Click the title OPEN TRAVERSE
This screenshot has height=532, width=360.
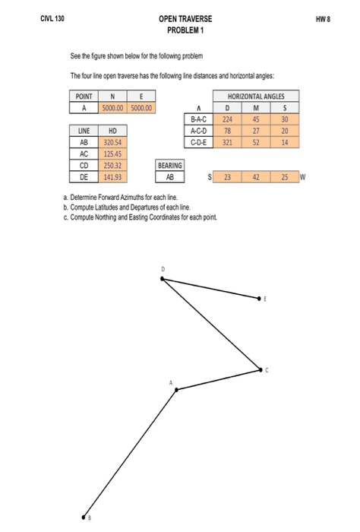click(x=185, y=17)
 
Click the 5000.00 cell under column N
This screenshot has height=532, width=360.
click(x=112, y=107)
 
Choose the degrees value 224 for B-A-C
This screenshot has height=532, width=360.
click(x=226, y=119)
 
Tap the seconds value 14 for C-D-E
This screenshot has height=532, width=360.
click(x=284, y=141)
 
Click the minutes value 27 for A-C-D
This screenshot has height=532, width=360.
click(x=255, y=130)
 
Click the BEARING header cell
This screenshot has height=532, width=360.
click(x=170, y=163)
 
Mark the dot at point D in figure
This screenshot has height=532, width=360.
click(x=162, y=279)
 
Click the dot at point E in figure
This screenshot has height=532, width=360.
click(x=260, y=299)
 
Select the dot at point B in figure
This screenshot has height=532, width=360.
click(x=85, y=513)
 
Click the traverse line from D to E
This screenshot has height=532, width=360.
click(x=211, y=290)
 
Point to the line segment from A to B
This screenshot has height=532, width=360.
click(x=131, y=451)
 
